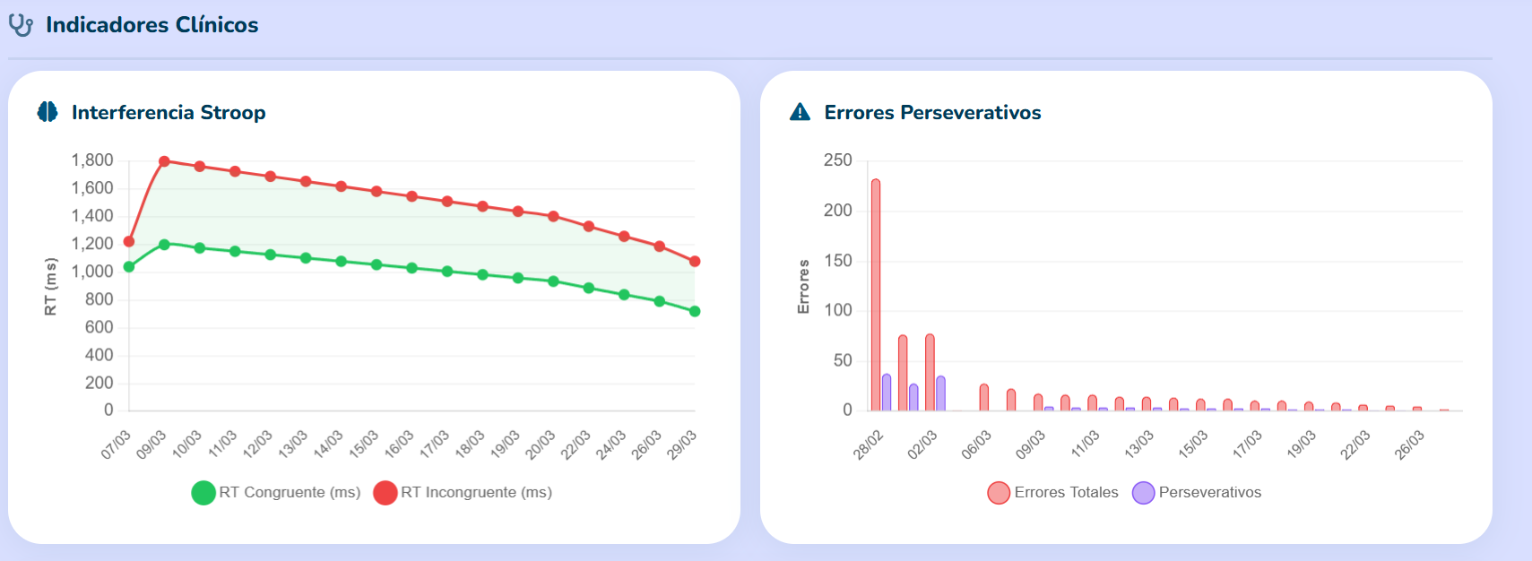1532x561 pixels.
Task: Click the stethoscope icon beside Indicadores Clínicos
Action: tap(21, 25)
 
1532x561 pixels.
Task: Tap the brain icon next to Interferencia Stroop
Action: tap(48, 112)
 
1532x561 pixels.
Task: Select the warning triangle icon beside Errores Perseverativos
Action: tap(800, 112)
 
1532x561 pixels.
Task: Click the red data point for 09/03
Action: tap(164, 162)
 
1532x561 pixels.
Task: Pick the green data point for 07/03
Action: tap(129, 266)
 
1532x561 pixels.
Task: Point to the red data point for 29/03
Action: tap(695, 262)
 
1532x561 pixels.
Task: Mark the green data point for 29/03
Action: tap(695, 312)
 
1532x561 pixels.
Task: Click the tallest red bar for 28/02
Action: tap(876, 296)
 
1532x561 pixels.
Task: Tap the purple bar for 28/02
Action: tap(887, 393)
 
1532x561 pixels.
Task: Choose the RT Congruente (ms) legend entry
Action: tap(276, 492)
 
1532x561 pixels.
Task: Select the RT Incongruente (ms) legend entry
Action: tap(463, 492)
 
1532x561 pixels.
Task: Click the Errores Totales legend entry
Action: tap(1053, 492)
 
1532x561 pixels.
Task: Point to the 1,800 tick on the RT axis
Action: tap(92, 160)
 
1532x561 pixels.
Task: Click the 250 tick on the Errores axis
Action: tap(838, 160)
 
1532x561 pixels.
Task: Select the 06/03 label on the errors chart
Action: tap(976, 444)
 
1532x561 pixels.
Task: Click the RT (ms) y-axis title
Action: tap(51, 287)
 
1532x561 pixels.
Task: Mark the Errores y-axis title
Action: tap(804, 287)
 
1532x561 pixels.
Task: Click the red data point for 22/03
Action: tap(589, 227)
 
